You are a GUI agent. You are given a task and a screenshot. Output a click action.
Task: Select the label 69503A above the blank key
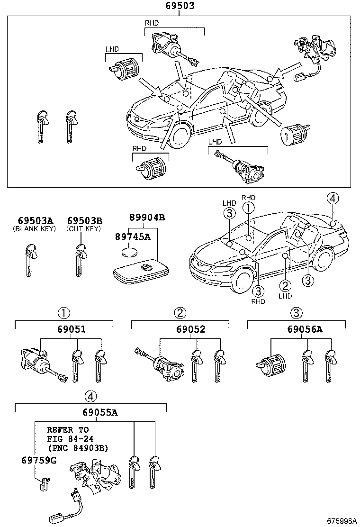point(36,221)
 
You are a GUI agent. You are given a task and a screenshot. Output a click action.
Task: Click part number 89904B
point(147,218)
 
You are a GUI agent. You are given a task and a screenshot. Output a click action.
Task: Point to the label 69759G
point(38,460)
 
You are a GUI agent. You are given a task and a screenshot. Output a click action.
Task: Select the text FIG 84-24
point(67,438)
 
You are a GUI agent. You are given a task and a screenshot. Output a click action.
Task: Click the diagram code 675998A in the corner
point(341,520)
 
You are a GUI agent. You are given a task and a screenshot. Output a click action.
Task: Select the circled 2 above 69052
point(180,313)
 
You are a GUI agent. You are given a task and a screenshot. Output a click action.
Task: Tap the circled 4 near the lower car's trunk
point(333,199)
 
